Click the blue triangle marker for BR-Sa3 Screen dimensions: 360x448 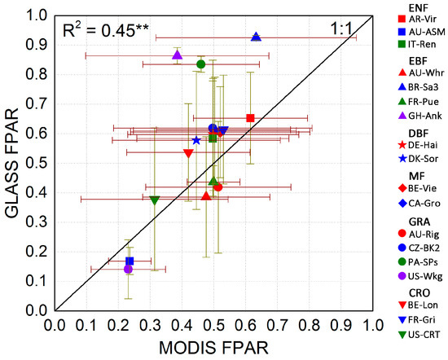pyautogui.click(x=256, y=37)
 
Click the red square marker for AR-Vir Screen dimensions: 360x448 pyautogui.click(x=250, y=118)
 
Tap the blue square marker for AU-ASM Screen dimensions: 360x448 pyautogui.click(x=130, y=261)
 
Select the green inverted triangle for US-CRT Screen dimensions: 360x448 pyautogui.click(x=155, y=200)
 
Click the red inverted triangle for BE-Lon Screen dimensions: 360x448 pyautogui.click(x=188, y=153)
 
